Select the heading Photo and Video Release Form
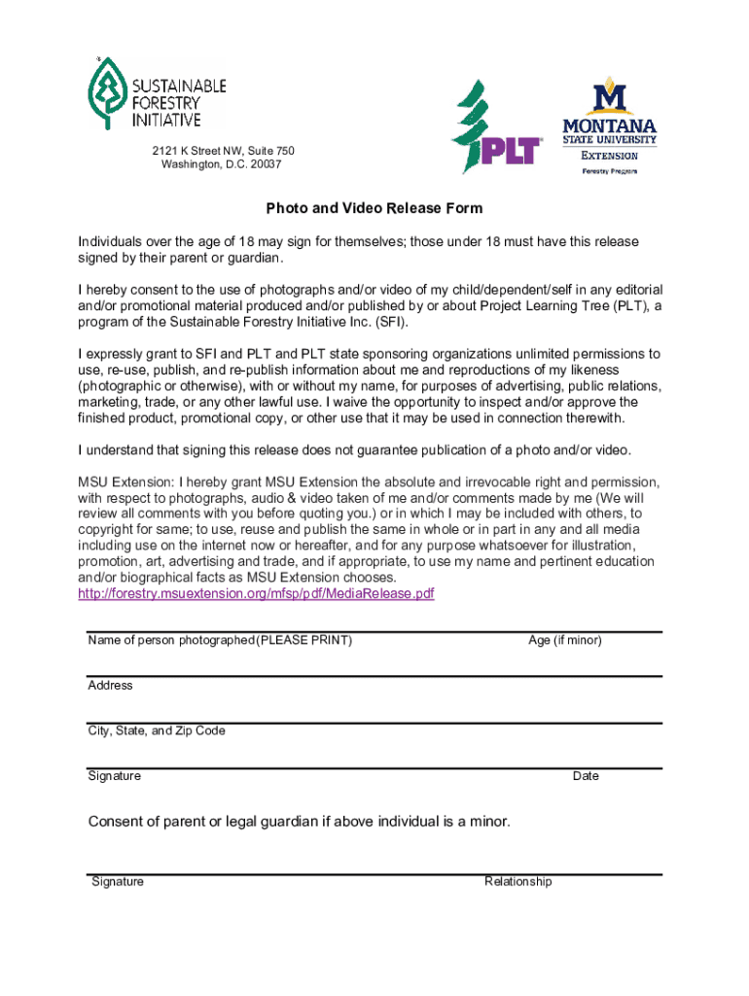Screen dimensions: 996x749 click(x=374, y=208)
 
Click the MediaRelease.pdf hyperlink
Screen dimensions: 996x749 click(x=256, y=593)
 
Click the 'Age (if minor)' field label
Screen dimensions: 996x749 click(x=564, y=640)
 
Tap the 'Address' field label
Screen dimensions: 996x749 click(x=110, y=685)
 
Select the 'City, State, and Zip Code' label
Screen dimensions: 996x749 click(x=157, y=730)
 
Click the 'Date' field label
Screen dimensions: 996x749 click(x=586, y=776)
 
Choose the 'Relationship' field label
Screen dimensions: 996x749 click(x=517, y=881)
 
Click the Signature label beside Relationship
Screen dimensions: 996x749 click(x=118, y=881)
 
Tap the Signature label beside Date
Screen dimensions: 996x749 click(x=114, y=776)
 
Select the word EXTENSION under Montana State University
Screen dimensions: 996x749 click(x=609, y=156)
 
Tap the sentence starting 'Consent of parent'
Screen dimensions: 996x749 click(x=299, y=822)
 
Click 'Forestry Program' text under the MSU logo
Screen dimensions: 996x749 click(x=610, y=171)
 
